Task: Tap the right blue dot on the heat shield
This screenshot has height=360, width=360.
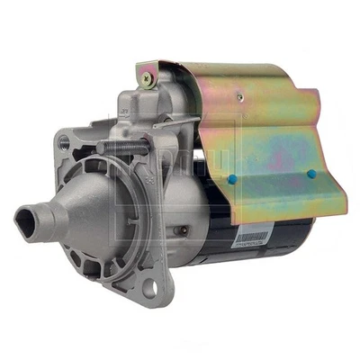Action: point(311,174)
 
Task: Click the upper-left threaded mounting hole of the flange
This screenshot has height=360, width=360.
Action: point(63,142)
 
